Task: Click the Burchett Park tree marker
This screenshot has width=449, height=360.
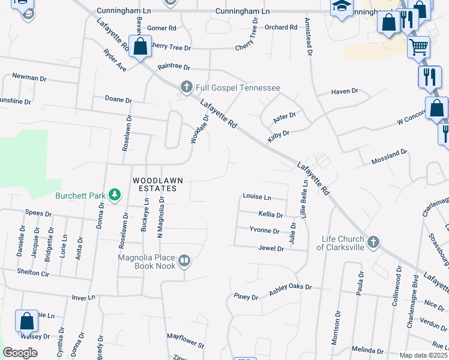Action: [x=114, y=195]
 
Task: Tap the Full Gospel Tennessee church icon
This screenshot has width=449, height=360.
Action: [x=186, y=88]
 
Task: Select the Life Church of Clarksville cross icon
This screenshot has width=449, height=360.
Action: [x=373, y=242]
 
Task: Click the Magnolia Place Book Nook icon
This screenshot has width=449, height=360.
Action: [x=184, y=261]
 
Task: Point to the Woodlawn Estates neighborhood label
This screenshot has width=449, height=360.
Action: [x=155, y=184]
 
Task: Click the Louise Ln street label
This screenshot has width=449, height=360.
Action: [x=257, y=197]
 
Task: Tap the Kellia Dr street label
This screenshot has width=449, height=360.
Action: [x=270, y=214]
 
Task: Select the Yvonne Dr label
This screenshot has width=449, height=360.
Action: [x=265, y=230]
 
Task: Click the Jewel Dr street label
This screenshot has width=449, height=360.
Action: [x=271, y=248]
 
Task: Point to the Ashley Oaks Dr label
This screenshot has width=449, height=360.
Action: [x=291, y=287]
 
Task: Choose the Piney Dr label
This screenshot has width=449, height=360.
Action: [x=246, y=297]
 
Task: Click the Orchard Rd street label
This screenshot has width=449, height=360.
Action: [x=281, y=27]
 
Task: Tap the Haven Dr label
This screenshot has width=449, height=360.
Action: [x=345, y=92]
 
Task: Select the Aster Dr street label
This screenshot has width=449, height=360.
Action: [x=285, y=115]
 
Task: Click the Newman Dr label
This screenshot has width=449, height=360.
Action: [x=29, y=78]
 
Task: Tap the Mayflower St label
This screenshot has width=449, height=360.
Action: [x=185, y=341]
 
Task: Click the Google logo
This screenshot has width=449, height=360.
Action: [x=20, y=352]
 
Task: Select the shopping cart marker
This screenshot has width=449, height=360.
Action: [x=418, y=46]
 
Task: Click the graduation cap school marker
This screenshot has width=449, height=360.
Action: [x=342, y=7]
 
